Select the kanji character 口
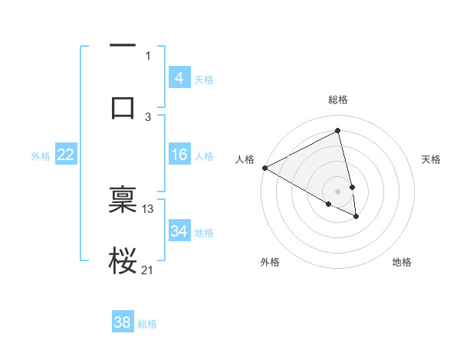pyautogui.click(x=123, y=106)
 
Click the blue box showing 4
pyautogui.click(x=179, y=77)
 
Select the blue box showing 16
pyautogui.click(x=179, y=155)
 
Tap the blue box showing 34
pyautogui.click(x=179, y=231)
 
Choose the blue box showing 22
pyautogui.click(x=65, y=155)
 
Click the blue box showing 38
pyautogui.click(x=123, y=322)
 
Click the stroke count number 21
pyautogui.click(x=148, y=270)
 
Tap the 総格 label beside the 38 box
pyautogui.click(x=147, y=324)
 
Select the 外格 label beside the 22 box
pyautogui.click(x=41, y=156)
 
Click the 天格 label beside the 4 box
pyautogui.click(x=204, y=79)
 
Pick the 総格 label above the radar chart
pyautogui.click(x=338, y=100)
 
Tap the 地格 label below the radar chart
pyautogui.click(x=402, y=262)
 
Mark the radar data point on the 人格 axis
pyautogui.click(x=264, y=168)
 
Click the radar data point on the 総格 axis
pyautogui.click(x=338, y=130)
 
